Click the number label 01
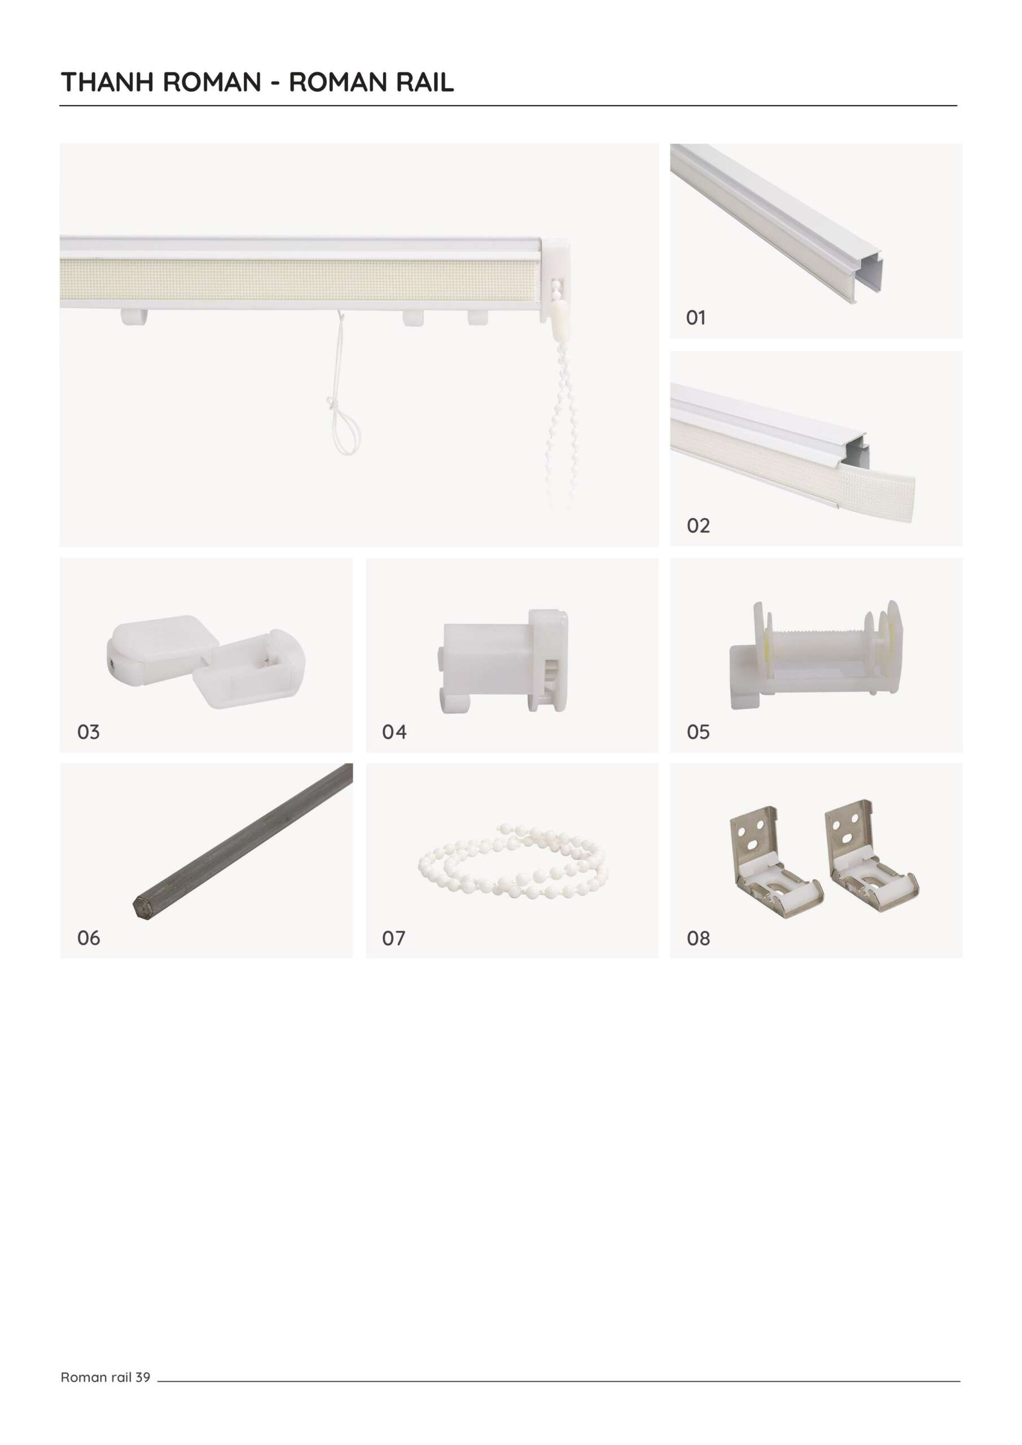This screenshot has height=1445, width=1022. [695, 318]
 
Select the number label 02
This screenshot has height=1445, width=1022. [698, 526]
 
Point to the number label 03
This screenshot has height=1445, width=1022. [88, 732]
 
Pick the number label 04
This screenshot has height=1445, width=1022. [394, 732]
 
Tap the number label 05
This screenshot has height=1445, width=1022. [698, 732]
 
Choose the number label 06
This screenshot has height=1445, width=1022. [88, 938]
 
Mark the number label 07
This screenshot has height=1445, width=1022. [393, 938]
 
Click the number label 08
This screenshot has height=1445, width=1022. [698, 938]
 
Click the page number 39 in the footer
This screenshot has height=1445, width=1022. [143, 1377]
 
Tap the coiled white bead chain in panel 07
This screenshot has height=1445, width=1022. [513, 859]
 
